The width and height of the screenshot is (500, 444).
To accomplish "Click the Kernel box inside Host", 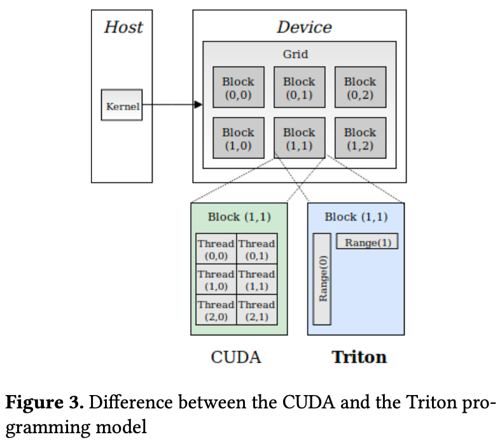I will (122, 105).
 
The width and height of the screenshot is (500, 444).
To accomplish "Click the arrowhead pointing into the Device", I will (198, 104).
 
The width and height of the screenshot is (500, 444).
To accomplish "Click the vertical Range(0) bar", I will (323, 279).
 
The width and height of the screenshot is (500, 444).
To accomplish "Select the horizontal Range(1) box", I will (367, 242).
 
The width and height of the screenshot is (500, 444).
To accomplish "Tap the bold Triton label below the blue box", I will (359, 357).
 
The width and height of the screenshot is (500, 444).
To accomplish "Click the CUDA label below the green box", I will (236, 357).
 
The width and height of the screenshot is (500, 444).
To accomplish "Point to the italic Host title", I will (123, 27).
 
